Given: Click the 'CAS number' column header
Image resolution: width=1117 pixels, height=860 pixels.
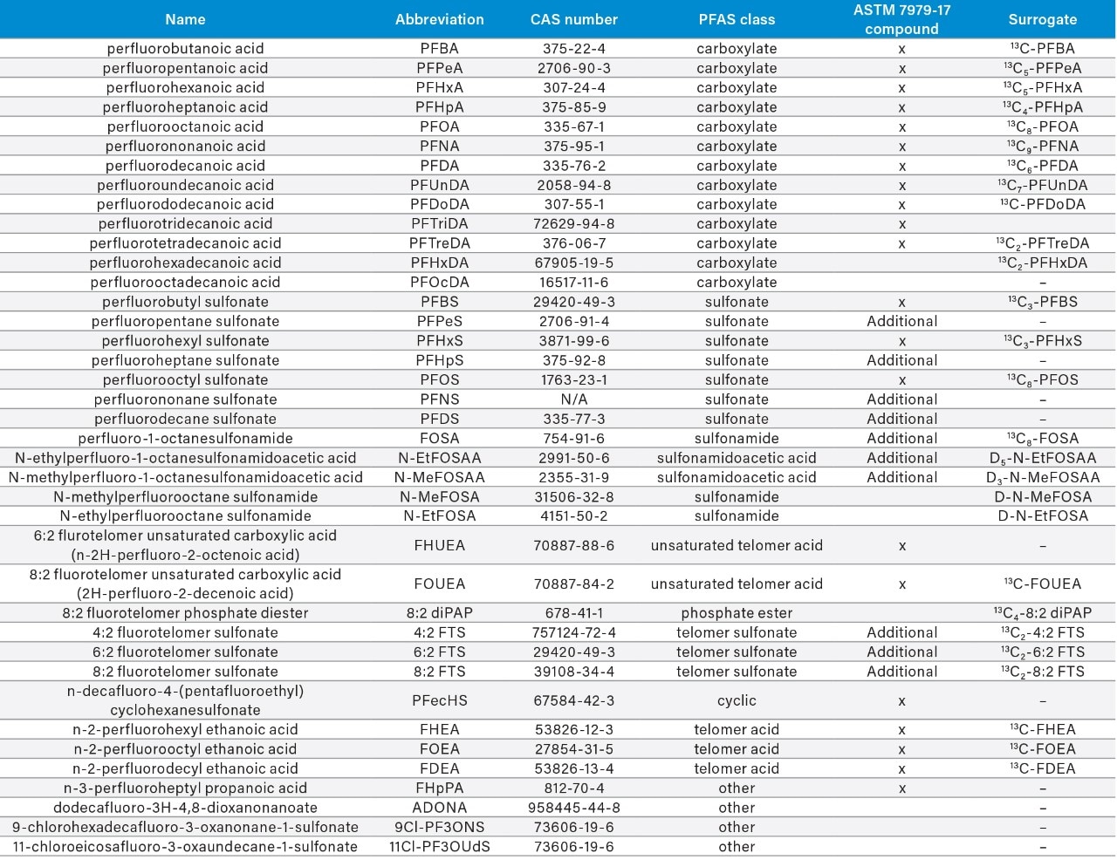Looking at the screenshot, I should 573,19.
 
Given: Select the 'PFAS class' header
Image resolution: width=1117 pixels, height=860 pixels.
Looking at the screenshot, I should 737,19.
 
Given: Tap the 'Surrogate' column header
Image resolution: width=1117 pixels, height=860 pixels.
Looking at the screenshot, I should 1042,19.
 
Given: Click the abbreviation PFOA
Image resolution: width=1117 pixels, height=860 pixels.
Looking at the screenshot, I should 440,126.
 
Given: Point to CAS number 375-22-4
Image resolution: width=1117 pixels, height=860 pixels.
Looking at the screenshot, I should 573,49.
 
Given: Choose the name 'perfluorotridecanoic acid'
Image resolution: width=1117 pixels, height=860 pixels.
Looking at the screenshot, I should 185,224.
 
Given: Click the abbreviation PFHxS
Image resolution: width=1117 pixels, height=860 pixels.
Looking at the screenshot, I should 440,341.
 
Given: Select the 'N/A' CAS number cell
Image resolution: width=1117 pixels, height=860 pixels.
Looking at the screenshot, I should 573,399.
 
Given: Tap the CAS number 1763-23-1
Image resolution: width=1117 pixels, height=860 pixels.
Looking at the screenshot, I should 573,380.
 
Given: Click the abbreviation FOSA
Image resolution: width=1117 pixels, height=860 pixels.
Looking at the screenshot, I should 440,439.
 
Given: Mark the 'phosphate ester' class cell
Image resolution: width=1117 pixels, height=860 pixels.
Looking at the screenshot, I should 737,613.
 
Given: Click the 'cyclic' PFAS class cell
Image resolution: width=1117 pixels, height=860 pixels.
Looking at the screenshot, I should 737,700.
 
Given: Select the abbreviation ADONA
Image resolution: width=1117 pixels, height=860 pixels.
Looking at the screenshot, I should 440,808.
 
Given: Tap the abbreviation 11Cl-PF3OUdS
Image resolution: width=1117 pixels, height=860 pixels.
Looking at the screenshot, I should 440,847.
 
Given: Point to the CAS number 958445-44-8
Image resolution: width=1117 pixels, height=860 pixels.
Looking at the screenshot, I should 573,808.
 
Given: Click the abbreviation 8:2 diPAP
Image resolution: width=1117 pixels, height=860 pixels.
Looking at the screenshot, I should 440,613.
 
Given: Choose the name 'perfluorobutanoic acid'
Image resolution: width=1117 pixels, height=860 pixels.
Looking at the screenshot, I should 185,49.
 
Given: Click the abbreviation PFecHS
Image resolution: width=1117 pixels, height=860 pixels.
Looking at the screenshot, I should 440,700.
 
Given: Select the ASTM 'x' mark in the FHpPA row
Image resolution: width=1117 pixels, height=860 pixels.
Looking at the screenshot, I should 901,788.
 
